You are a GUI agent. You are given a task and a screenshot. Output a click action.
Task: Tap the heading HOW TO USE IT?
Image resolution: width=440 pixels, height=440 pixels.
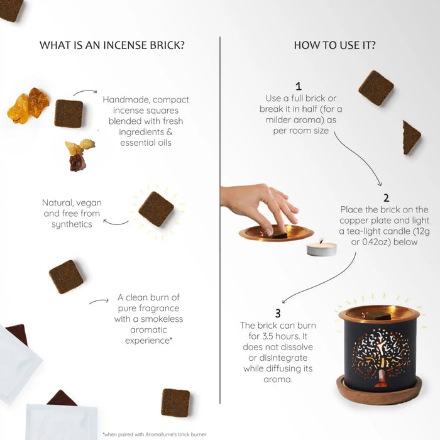tap(334, 45)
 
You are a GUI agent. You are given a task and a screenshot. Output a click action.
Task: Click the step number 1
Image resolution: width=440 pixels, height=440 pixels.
tap(299, 86)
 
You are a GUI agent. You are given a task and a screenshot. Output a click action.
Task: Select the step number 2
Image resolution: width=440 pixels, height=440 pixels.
tap(387, 198)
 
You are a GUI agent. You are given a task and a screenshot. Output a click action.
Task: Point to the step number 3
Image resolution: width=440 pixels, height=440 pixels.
tap(278, 313)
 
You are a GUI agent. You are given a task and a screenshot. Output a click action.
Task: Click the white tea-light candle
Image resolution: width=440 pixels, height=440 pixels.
tap(321, 249)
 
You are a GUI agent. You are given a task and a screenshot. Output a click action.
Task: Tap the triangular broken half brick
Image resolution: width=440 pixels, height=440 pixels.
tap(411, 138)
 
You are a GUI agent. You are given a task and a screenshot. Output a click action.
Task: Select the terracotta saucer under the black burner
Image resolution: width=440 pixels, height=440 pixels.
tap(379, 392)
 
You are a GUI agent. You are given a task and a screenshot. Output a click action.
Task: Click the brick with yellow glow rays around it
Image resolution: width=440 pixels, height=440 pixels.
tap(156, 209)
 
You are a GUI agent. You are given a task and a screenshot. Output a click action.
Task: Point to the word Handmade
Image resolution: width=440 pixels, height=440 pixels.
tap(126, 100)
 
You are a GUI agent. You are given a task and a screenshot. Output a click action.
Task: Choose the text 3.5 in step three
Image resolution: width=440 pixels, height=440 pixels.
tap(269, 336)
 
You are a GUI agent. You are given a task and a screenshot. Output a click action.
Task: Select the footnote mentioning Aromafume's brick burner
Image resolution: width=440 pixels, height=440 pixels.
tap(155, 435)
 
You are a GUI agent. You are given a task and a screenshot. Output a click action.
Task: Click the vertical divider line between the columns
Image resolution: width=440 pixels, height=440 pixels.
tap(220, 220)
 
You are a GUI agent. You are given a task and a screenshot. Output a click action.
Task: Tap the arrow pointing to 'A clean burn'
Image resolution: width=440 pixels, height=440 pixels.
tap(99, 301)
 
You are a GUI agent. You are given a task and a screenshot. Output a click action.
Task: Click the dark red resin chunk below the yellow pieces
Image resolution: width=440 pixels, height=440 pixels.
tap(77, 163)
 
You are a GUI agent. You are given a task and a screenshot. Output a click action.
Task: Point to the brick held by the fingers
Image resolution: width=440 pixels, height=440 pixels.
tap(278, 234)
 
